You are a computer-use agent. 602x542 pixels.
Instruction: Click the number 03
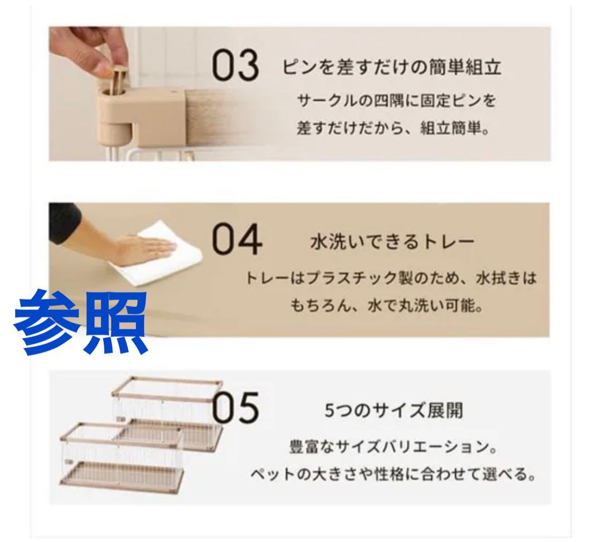click(x=235, y=66)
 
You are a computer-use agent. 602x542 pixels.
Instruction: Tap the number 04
click(x=237, y=240)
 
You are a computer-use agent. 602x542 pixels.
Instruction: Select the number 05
click(x=235, y=407)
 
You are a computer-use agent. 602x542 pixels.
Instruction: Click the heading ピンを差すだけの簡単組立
click(x=392, y=67)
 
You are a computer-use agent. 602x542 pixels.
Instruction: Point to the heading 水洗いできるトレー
click(x=392, y=242)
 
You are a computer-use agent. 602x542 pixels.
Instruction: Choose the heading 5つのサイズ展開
click(x=394, y=410)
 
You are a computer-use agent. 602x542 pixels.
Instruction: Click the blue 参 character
click(x=47, y=322)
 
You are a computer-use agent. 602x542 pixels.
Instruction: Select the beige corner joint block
click(x=142, y=111)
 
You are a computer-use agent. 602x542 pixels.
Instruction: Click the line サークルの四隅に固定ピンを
click(x=396, y=101)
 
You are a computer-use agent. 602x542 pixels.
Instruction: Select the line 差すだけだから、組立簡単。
click(x=394, y=128)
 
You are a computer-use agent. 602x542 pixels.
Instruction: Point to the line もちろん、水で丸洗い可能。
click(x=386, y=306)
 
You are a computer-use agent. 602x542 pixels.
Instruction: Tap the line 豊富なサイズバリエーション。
click(x=393, y=447)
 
